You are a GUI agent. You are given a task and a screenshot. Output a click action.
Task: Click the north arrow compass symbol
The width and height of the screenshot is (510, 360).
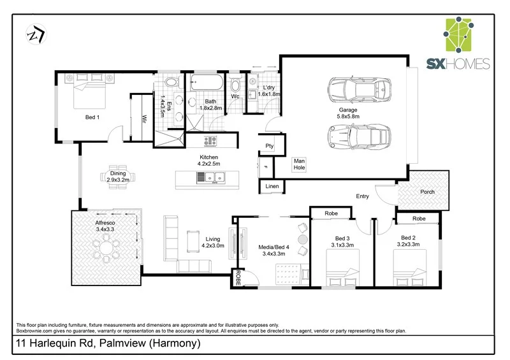34,35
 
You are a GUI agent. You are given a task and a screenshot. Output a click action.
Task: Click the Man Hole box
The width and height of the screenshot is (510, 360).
299,164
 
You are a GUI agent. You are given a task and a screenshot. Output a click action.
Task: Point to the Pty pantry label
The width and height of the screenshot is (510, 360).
270,146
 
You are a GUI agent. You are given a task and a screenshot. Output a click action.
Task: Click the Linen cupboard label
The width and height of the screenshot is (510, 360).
272,186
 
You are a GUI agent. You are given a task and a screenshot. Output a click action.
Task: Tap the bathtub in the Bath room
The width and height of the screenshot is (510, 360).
205,83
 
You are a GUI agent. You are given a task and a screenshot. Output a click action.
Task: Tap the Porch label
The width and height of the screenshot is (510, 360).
428,192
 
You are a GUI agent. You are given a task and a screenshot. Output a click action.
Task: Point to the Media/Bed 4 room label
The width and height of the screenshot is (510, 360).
273,249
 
